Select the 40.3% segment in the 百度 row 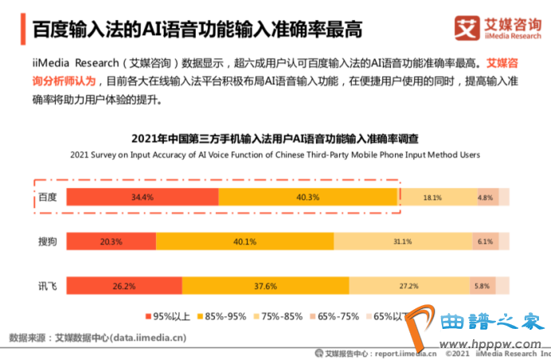tap(307, 198)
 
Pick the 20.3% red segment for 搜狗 tap(111, 242)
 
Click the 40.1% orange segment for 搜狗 tap(244, 242)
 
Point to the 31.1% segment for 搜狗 tap(403, 242)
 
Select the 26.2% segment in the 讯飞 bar tap(124, 286)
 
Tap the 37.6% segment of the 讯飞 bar tap(265, 286)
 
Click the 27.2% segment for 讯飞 tap(408, 286)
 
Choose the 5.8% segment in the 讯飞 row tap(481, 286)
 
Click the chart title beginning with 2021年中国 tap(275, 138)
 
